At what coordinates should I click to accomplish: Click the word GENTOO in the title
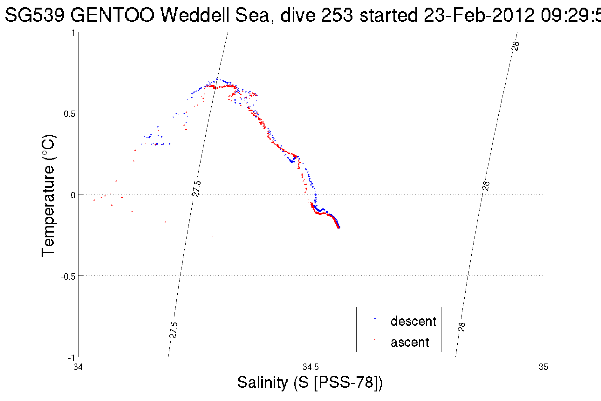(x=113, y=15)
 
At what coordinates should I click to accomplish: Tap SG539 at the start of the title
(x=35, y=15)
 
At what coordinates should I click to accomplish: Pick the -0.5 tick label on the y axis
(x=68, y=276)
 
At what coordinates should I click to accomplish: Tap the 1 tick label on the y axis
(x=73, y=33)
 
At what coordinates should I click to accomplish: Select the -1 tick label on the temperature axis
(x=71, y=358)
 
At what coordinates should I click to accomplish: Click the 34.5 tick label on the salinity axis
(x=311, y=367)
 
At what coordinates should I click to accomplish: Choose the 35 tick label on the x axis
(x=543, y=367)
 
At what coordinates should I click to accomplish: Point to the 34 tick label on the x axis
(x=78, y=367)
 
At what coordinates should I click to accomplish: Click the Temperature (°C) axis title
(x=48, y=195)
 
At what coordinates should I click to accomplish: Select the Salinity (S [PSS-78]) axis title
(x=310, y=382)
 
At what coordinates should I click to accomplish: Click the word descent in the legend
(x=413, y=321)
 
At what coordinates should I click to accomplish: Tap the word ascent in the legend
(x=409, y=342)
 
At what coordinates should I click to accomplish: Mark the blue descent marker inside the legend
(x=375, y=319)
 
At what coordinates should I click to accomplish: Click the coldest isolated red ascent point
(x=213, y=236)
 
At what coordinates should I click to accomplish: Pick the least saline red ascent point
(x=94, y=200)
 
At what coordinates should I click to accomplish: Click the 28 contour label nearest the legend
(x=462, y=326)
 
